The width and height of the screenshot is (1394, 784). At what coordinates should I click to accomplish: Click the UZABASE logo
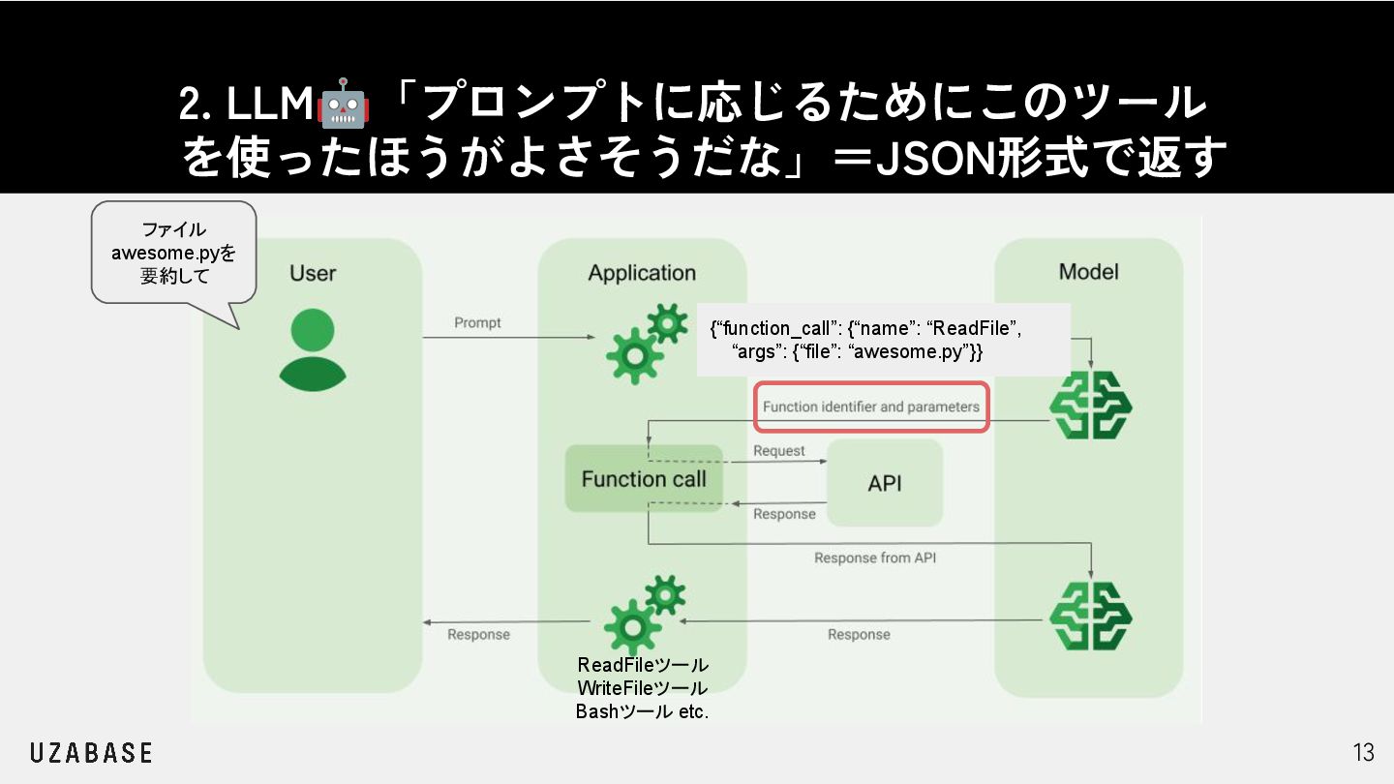pyautogui.click(x=91, y=752)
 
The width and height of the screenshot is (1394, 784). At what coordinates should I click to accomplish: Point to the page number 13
pyautogui.click(x=1363, y=752)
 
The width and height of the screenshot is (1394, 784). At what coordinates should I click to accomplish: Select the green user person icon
pyautogui.click(x=313, y=349)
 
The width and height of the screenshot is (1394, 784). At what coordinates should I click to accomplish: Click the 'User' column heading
pyautogui.click(x=313, y=273)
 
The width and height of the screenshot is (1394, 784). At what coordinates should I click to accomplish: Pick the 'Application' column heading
pyautogui.click(x=642, y=273)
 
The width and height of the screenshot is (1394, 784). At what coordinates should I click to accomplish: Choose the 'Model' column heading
pyautogui.click(x=1088, y=271)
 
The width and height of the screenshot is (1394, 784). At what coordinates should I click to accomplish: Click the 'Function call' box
pyautogui.click(x=644, y=479)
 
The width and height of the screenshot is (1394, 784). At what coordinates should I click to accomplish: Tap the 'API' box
pyautogui.click(x=885, y=483)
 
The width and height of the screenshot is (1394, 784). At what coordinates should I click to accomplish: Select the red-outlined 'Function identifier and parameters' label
pyautogui.click(x=871, y=407)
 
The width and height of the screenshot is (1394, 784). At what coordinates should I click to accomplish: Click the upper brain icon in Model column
pyautogui.click(x=1091, y=406)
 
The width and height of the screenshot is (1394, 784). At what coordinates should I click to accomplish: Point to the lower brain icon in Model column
pyautogui.click(x=1091, y=615)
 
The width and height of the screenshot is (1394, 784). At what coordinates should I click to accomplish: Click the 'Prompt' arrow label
pyautogui.click(x=477, y=322)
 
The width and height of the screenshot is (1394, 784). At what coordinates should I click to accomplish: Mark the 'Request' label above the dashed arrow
pyautogui.click(x=779, y=451)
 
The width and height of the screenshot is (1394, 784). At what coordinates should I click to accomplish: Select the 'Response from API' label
pyautogui.click(x=874, y=558)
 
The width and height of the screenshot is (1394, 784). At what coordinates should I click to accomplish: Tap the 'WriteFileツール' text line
pyautogui.click(x=642, y=688)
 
